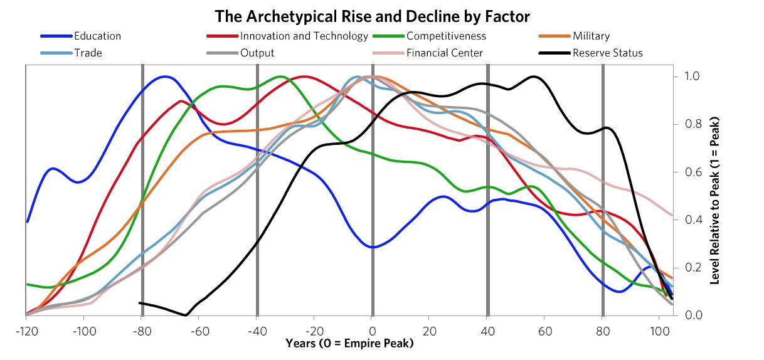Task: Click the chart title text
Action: [381, 15]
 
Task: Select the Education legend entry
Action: [97, 36]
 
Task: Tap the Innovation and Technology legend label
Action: [304, 36]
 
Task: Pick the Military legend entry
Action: [590, 36]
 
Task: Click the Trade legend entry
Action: [88, 53]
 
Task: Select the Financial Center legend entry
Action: [445, 53]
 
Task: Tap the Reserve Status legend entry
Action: [607, 53]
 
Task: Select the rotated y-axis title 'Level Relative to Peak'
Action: [714, 201]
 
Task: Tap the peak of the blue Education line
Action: [166, 77]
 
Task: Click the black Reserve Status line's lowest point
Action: [185, 314]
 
